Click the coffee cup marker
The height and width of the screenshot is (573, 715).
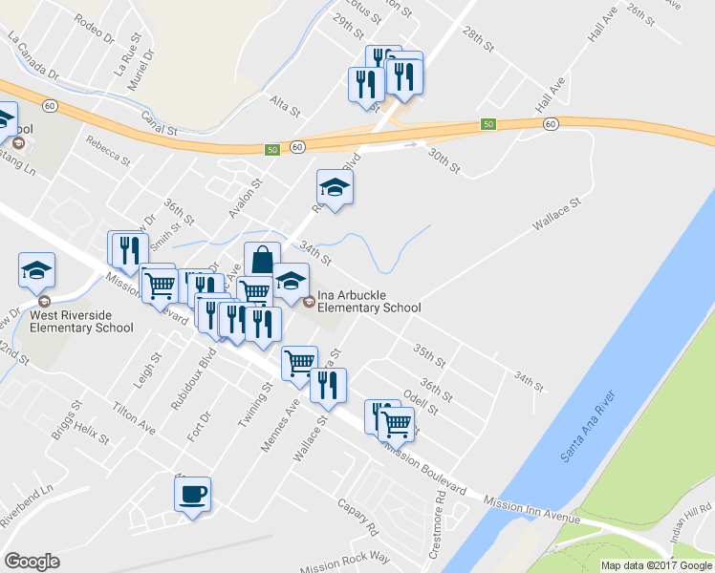click(x=192, y=495)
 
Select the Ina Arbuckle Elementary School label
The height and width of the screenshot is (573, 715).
click(x=368, y=301)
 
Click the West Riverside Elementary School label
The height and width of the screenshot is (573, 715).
click(x=81, y=321)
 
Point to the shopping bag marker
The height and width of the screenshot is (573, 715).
click(x=262, y=260)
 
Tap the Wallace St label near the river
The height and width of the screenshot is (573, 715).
click(x=557, y=213)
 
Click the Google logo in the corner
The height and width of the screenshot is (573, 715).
click(x=32, y=562)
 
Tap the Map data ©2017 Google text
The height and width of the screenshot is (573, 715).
click(x=655, y=565)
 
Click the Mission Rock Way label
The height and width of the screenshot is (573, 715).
click(x=345, y=562)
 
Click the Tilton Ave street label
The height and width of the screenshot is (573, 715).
click(x=134, y=415)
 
